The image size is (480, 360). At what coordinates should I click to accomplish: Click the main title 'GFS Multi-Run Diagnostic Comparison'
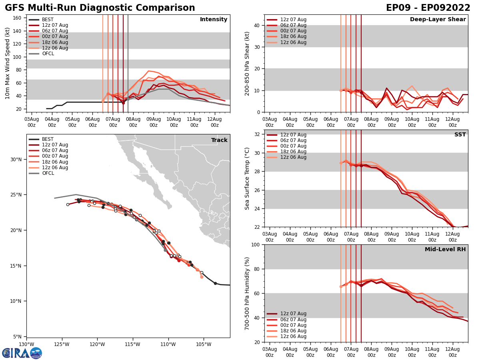100,8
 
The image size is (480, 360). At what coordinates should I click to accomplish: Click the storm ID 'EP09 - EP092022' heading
428,8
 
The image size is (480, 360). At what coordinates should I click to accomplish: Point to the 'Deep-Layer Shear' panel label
438,20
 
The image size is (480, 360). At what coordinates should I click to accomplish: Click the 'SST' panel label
460,135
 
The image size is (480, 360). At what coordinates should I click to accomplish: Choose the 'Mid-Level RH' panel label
445,250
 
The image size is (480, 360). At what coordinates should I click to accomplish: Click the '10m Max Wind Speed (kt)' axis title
7,63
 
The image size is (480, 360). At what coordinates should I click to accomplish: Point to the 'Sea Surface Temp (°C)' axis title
247,178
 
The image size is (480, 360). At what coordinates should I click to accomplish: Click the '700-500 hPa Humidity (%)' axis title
247,293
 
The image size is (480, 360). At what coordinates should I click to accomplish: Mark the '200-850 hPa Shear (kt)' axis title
247,63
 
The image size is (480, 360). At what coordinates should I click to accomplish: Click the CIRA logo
22,353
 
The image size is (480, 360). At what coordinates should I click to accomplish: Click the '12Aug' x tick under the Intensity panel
214,122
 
